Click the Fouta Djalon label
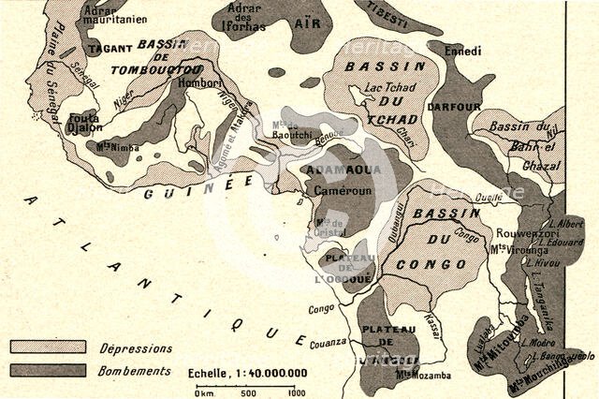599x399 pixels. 84,124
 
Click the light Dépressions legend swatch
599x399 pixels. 47,347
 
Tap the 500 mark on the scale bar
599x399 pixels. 249,392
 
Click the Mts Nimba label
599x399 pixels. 115,146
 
